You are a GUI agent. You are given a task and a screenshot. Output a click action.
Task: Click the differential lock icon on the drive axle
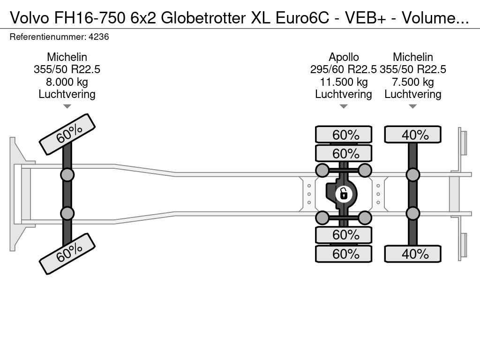344,193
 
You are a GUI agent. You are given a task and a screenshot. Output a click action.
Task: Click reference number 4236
99,37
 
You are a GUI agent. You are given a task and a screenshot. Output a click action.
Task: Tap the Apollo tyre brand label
344,57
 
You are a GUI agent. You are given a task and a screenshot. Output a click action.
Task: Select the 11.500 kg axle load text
344,82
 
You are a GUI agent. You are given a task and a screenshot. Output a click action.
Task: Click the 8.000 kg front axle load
67,82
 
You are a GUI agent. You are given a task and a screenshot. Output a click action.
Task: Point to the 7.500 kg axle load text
413,82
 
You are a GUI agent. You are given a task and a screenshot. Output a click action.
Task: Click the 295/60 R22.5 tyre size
344,69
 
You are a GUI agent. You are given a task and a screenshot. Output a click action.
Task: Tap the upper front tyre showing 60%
67,134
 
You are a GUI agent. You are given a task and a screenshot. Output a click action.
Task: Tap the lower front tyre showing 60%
67,254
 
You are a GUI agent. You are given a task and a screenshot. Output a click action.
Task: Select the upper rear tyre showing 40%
413,135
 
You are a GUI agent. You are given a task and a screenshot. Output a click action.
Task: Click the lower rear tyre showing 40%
413,254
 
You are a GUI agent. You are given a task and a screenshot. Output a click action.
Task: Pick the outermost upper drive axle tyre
344,135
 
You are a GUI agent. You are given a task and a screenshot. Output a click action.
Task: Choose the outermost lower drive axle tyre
344,254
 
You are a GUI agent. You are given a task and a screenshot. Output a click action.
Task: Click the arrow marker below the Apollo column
344,106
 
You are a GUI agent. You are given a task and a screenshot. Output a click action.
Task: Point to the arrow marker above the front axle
67,106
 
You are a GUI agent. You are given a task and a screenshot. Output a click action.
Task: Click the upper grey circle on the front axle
67,175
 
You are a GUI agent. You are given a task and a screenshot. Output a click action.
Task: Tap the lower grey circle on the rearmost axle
413,213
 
